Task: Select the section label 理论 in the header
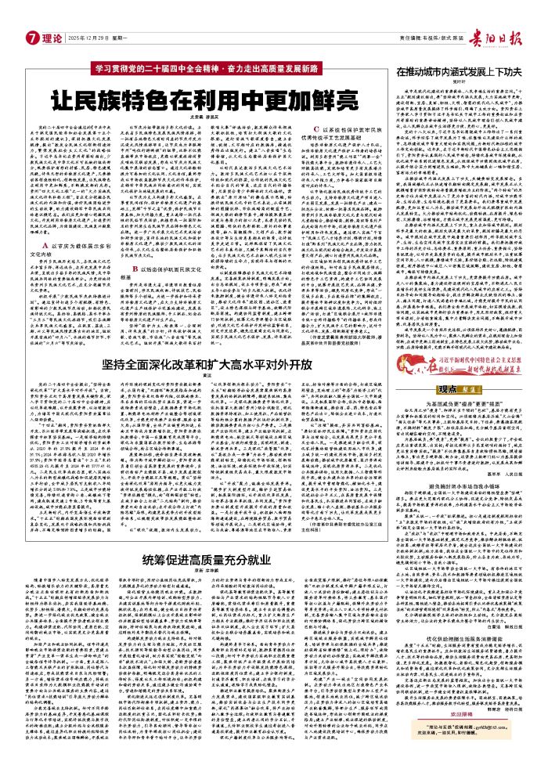[x=49, y=38]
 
